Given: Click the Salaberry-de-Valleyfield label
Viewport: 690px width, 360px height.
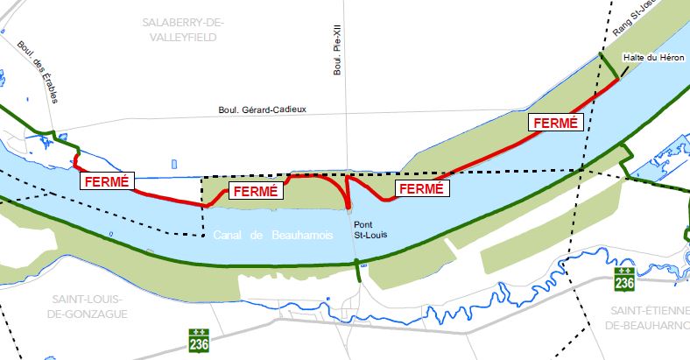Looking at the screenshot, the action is [x=182, y=29].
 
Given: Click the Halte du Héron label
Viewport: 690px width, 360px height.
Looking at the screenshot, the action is [x=652, y=57].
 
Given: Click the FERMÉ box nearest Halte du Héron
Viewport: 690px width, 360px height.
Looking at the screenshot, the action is [x=554, y=124].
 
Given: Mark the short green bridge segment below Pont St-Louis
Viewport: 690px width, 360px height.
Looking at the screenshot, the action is [x=358, y=271].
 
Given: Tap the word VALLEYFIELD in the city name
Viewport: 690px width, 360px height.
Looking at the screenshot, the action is [x=182, y=38].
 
